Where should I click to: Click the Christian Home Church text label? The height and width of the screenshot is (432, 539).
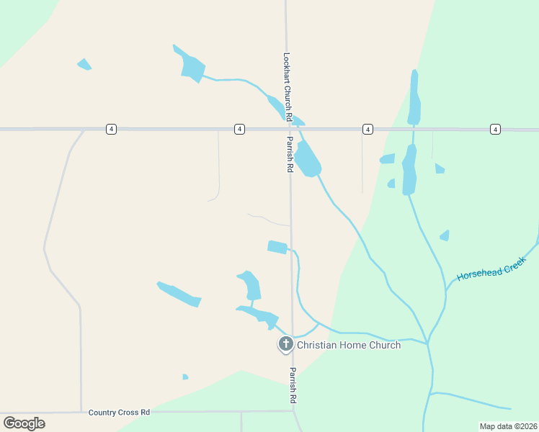[x=349, y=345]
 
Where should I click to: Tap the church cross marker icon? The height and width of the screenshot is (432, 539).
[x=285, y=345]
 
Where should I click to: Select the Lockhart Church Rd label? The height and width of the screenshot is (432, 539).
[x=287, y=86]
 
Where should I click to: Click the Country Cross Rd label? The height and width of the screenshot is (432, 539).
[x=119, y=413]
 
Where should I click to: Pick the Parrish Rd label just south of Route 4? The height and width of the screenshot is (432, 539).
[x=290, y=154]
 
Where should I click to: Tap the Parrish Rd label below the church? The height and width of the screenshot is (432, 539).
[x=293, y=385]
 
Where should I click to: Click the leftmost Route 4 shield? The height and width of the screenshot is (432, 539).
[x=110, y=129]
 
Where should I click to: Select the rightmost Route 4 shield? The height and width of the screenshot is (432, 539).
[x=495, y=129]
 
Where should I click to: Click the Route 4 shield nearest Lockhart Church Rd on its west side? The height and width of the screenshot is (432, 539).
[x=239, y=129]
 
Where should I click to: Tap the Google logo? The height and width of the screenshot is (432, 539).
[x=24, y=423]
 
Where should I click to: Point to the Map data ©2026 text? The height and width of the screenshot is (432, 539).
[x=508, y=426]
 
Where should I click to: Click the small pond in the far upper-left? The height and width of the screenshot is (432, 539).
[x=84, y=65]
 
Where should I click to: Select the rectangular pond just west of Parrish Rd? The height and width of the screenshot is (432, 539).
[x=277, y=247]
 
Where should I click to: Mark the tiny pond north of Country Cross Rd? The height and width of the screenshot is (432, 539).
[x=185, y=377]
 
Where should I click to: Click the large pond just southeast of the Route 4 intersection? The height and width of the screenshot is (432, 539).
[x=308, y=159]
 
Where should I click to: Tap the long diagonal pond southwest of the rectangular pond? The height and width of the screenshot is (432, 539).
[x=178, y=294]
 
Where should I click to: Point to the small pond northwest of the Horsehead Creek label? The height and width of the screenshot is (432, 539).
[x=445, y=235]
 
